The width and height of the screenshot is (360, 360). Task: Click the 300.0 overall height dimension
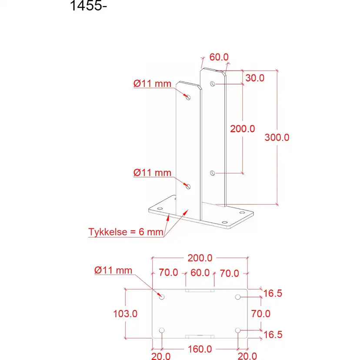point(277,137)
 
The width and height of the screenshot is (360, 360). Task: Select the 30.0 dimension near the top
point(255,78)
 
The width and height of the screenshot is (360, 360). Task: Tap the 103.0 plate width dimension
point(125,313)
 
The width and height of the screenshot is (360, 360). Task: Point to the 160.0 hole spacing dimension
point(200,349)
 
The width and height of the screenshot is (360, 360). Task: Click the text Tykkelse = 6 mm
point(126,232)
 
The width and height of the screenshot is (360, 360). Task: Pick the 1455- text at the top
point(88,6)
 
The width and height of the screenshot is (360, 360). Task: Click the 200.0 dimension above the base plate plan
point(200,258)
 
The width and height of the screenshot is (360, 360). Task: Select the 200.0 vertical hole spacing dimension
point(243,129)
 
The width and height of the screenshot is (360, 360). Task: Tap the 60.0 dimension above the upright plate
point(219,57)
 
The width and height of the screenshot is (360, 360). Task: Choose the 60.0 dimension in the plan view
point(200,273)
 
